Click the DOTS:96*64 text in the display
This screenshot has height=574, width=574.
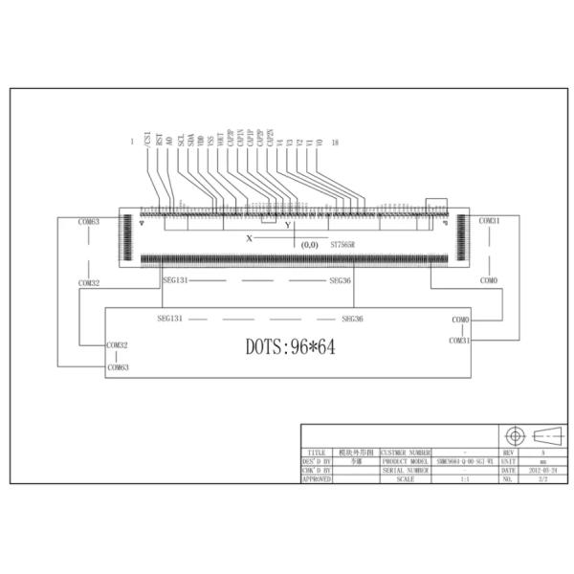tap(290, 346)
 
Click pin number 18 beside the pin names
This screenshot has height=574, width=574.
tap(334, 143)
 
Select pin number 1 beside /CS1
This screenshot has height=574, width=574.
tap(132, 143)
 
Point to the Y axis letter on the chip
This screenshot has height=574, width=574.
tap(287, 225)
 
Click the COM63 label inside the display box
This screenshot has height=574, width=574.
tap(118, 366)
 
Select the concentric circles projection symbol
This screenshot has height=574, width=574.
tap(514, 435)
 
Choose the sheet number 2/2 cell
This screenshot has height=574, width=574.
tap(542, 478)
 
